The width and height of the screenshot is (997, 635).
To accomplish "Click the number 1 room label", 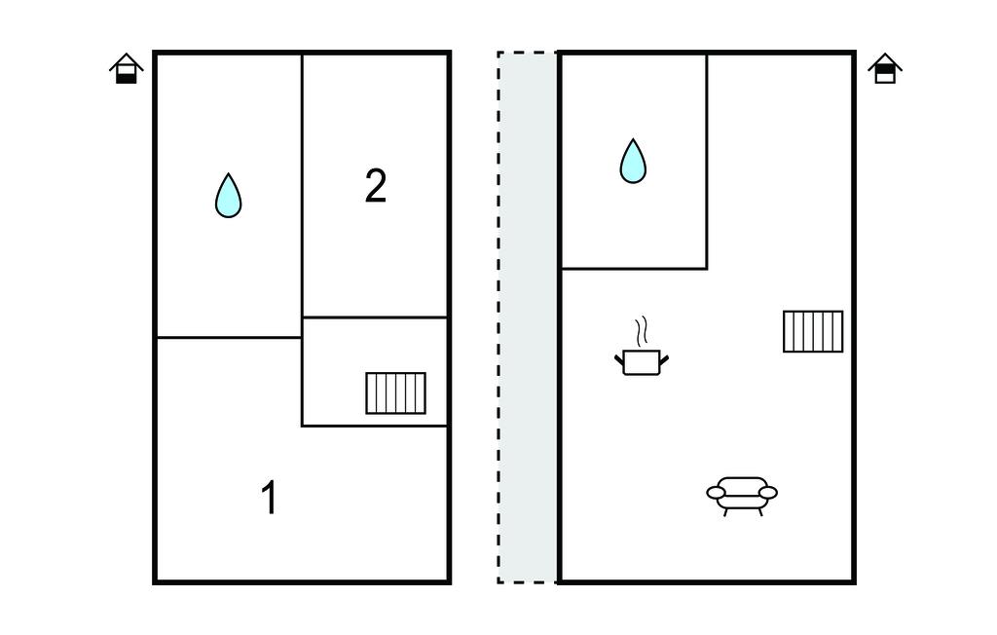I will coord(270,499).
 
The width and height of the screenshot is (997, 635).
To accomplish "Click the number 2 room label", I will coord(376,186).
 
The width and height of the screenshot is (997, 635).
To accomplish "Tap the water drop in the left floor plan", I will coord(228,196).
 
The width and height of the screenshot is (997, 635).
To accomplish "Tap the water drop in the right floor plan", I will coord(633,162).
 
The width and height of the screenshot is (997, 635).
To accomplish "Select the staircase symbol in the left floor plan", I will coord(395,392).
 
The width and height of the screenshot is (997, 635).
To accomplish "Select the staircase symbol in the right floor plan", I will coord(813,331).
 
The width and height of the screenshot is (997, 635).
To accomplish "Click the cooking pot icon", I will coord(641,361).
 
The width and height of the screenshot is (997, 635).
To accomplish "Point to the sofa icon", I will coord(742,494).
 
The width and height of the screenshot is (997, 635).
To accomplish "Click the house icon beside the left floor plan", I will coord(127,69).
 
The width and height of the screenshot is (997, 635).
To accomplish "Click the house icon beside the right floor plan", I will coord(884,69).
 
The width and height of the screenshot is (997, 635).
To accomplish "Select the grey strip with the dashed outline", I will coord(527,317).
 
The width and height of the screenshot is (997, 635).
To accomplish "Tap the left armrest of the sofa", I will coord(717,494).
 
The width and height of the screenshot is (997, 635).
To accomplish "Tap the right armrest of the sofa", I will coord(767,493).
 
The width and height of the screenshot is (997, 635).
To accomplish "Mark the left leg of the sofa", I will coord(726,510).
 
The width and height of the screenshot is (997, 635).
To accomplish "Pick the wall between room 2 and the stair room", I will coord(375,317).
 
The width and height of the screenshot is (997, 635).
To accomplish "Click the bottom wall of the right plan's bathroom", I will coord(634,268).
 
